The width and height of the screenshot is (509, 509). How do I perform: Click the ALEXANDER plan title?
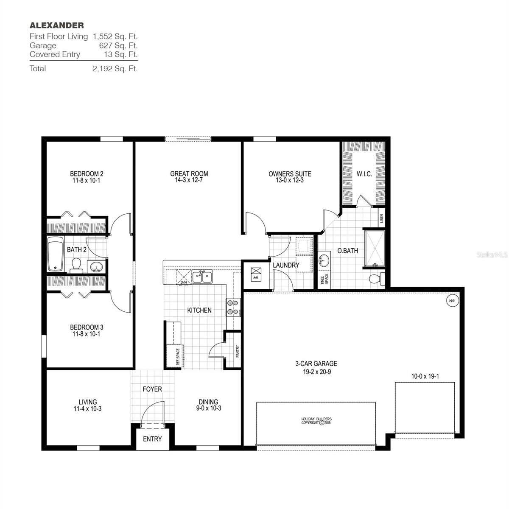(56, 25)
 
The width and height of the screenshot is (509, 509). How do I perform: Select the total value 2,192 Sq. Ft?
(115, 69)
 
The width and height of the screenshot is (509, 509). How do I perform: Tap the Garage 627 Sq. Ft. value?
(118, 45)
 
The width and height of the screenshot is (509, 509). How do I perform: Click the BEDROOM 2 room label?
(87, 173)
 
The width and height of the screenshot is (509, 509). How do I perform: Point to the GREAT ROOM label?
(189, 173)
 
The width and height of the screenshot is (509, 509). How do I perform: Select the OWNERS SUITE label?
(290, 174)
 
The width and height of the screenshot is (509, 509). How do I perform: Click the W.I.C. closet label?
(364, 173)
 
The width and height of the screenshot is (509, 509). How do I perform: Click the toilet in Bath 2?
(76, 264)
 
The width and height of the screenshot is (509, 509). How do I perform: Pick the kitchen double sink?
(202, 277)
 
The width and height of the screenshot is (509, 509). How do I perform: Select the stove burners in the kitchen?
(233, 307)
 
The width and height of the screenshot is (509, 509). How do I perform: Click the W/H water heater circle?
(452, 301)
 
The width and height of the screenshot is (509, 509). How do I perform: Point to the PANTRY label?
(238, 351)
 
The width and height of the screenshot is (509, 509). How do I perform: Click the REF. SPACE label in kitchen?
(178, 357)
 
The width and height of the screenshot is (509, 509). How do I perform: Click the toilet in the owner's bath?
(377, 279)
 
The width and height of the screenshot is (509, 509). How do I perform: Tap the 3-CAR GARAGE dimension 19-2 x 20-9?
(316, 372)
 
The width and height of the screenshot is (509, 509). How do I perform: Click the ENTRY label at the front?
(152, 439)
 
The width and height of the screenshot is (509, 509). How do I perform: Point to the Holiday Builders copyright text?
(316, 421)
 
